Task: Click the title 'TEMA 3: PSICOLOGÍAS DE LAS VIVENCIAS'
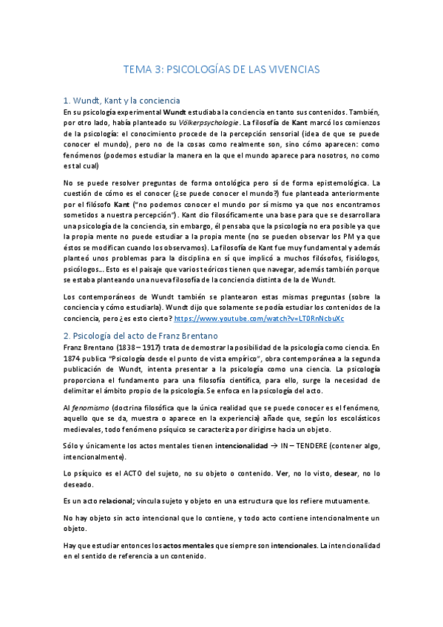click(221, 69)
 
